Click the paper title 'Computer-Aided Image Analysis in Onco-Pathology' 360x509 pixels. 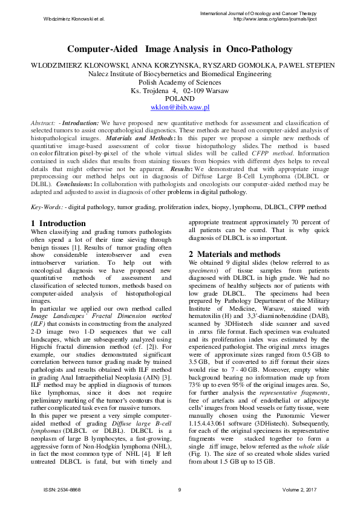click(x=180, y=49)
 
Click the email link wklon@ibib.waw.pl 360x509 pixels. click(x=180, y=107)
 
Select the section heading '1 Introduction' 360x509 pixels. click(x=58, y=223)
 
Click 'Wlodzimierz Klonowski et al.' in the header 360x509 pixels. click(x=74, y=19)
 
